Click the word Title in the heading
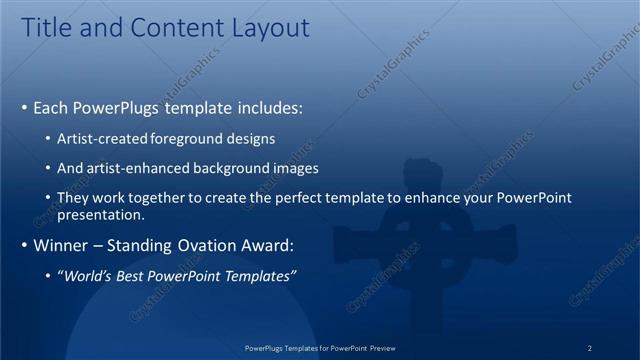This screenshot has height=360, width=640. point(47,28)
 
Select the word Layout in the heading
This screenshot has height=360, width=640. point(270,28)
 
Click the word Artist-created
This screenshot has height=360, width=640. point(105,138)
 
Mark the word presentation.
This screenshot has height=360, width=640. point(102,214)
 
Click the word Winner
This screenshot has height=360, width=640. point(62,245)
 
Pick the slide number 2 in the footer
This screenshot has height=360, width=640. point(589,348)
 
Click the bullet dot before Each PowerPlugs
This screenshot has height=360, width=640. point(24,108)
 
